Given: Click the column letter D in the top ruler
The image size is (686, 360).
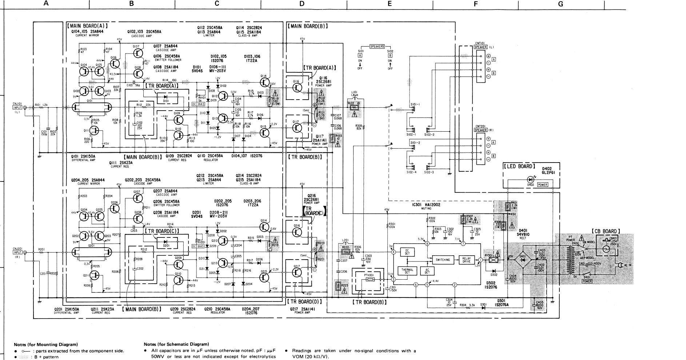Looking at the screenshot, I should tap(302, 4).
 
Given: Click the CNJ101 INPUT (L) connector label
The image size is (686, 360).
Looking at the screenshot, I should tap(17, 105).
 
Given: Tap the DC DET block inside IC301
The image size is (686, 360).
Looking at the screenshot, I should tap(407, 252).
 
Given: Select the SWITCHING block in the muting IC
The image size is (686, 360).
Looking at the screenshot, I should tap(442, 260).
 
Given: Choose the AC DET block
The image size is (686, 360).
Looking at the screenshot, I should tap(427, 271).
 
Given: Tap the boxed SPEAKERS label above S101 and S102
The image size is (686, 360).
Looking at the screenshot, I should tap(377, 47).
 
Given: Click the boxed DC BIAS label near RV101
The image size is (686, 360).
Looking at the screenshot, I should tap(196, 104).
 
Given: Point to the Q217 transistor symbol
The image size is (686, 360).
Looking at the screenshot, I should tap(297, 273).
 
